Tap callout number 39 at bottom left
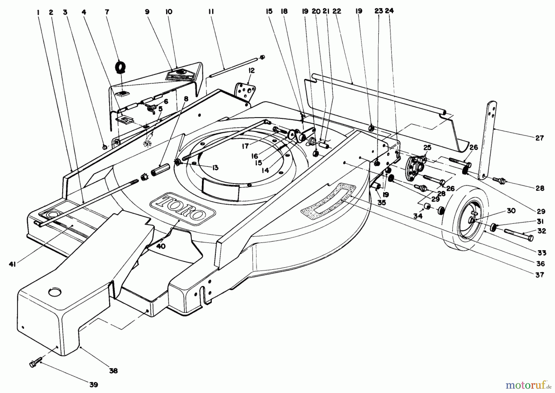tap(93, 384)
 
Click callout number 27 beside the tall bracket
tap(539, 138)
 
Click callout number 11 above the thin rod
tap(211, 12)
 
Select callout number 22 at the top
tap(337, 11)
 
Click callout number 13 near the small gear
tap(215, 167)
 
